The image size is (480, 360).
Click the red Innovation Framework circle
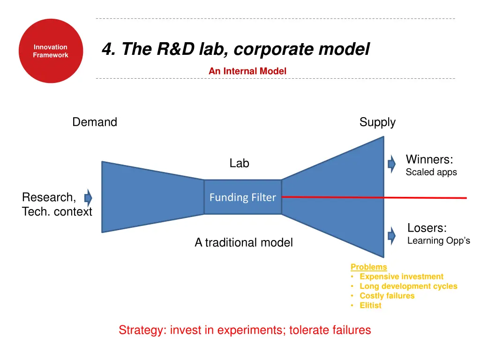(51, 51)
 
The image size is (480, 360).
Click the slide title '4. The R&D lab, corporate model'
(236, 49)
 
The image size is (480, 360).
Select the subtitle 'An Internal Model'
(247, 71)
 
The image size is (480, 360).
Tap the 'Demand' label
(95, 122)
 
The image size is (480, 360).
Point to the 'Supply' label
(377, 122)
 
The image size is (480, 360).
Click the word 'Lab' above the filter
(239, 164)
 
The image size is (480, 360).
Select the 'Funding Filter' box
(242, 197)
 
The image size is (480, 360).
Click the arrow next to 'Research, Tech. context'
(88, 197)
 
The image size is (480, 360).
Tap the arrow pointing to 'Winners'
(391, 164)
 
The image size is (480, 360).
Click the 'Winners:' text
(429, 159)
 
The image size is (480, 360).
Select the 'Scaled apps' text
(431, 172)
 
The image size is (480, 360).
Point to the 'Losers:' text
(427, 228)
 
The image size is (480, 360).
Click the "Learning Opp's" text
(438, 241)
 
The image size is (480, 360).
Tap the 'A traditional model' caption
(244, 242)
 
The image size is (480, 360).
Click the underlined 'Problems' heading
(369, 267)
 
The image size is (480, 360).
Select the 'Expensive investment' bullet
(401, 277)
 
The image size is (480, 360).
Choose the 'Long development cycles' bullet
(408, 286)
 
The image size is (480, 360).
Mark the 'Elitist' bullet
(370, 306)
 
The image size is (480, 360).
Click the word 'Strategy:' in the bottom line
(142, 330)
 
